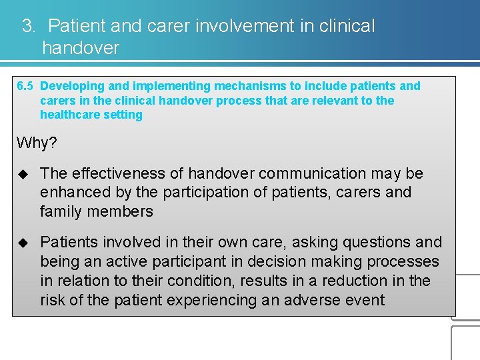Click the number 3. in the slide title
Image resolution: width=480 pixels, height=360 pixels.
pos(29,27)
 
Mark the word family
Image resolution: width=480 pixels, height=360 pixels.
pos(59,212)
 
